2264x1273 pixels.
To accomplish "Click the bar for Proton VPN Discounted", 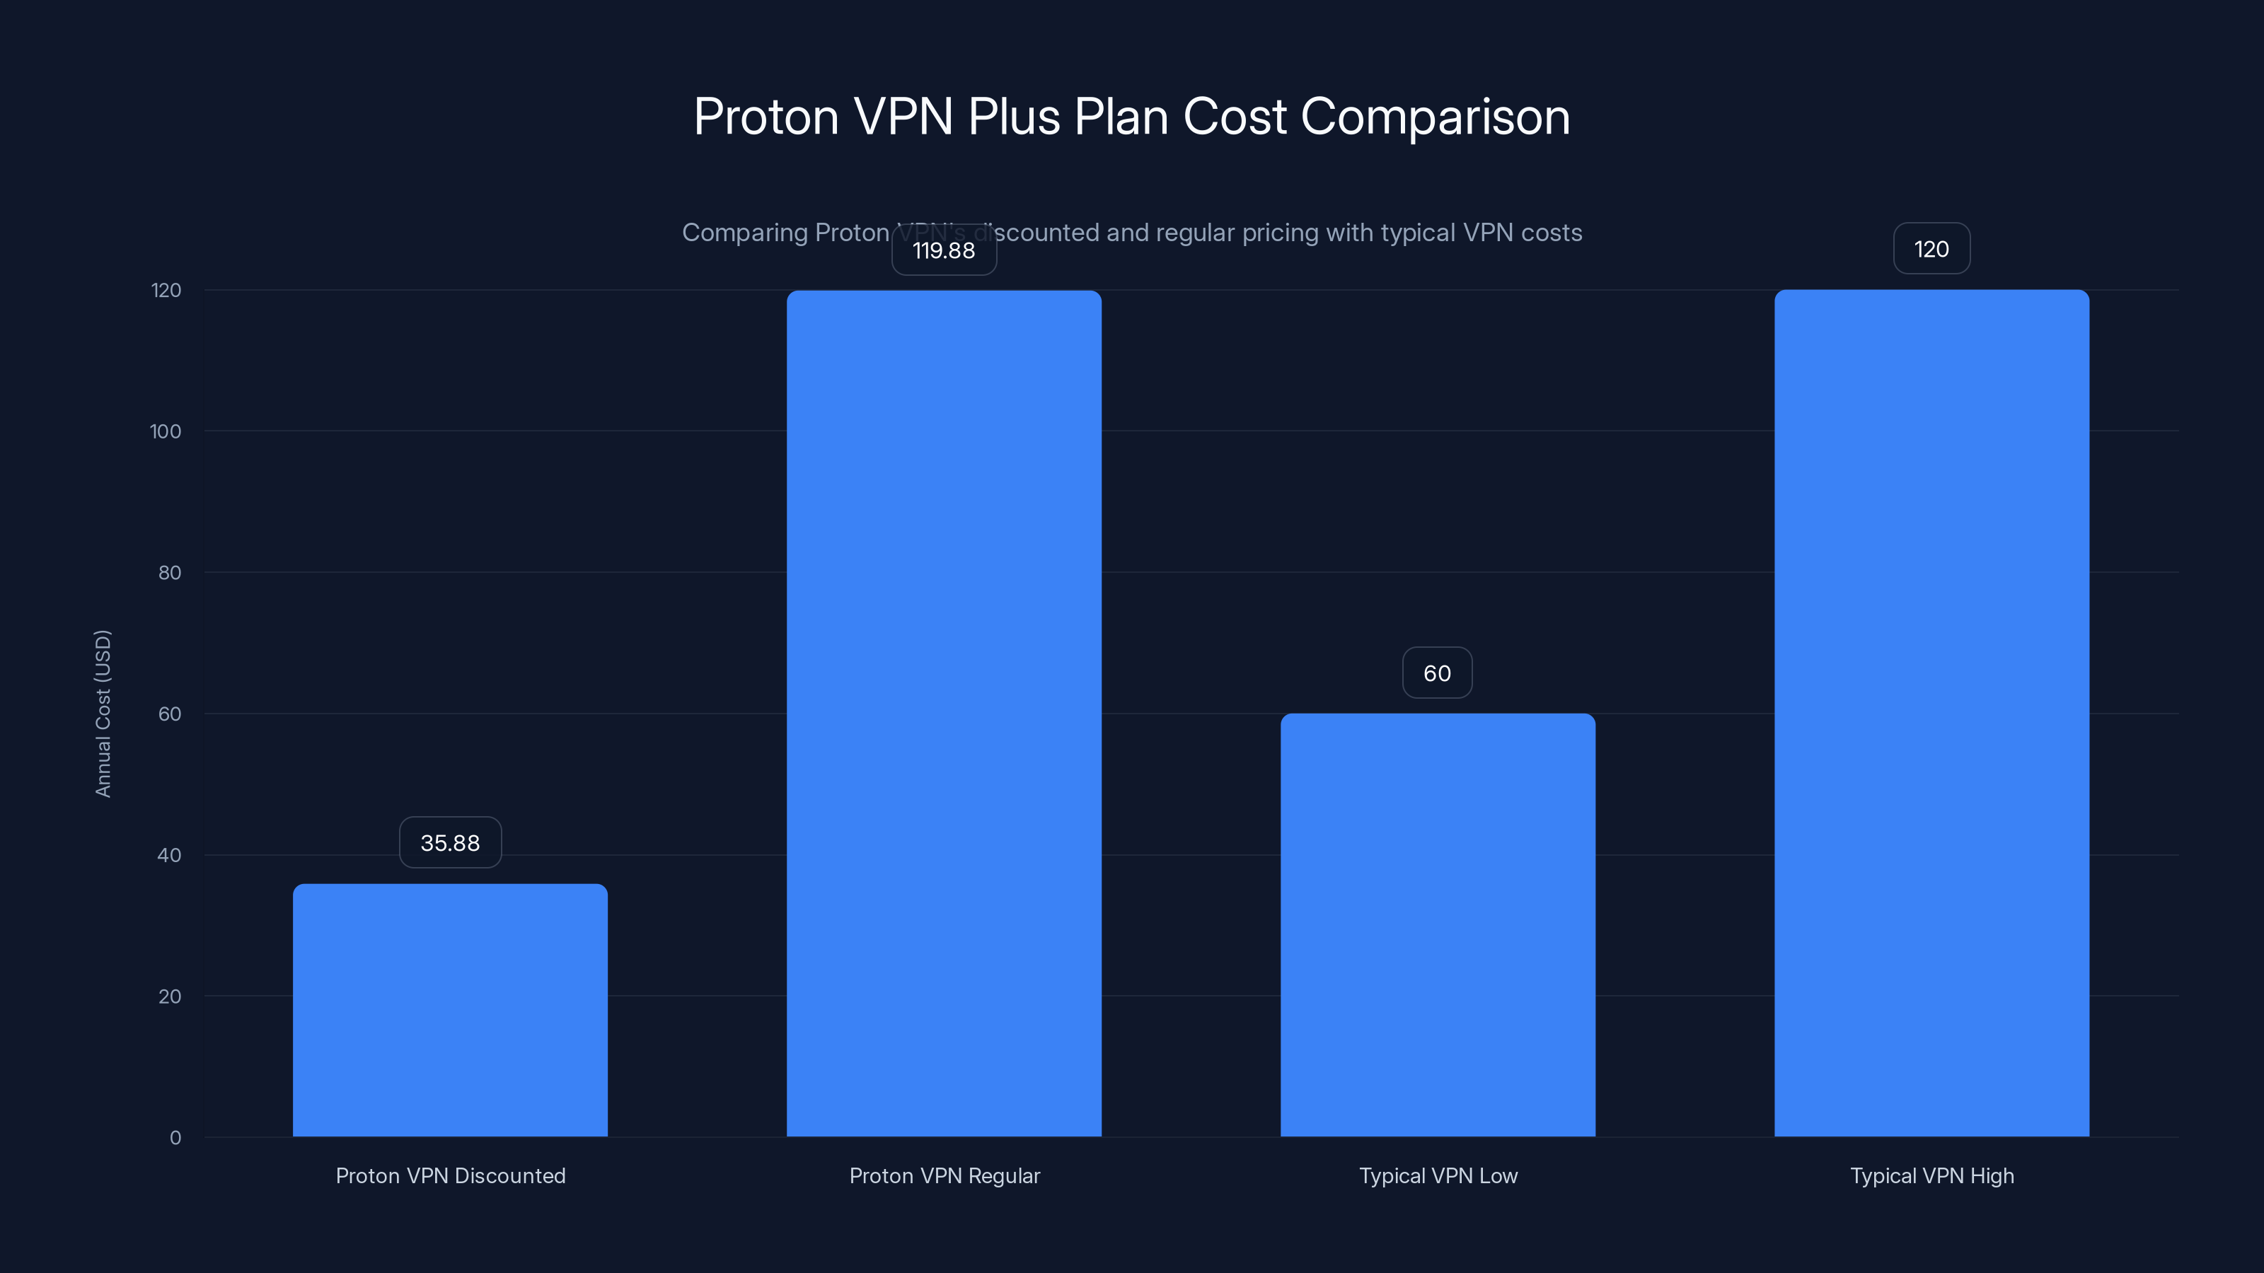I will pos(450,1011).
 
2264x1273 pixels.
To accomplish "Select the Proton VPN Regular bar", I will pos(944,714).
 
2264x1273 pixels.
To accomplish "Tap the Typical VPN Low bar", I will pos(1438,925).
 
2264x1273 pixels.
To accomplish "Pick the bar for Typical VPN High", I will pos(1931,714).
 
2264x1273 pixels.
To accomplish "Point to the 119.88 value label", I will pos(944,250).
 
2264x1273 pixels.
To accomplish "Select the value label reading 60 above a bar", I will pos(1437,674).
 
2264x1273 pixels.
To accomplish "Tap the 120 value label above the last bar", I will pos(1931,250).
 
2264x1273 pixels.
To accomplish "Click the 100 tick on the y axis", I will pos(166,431).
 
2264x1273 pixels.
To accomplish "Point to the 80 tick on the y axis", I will pos(170,573).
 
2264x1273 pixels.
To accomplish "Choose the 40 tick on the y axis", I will pos(169,856).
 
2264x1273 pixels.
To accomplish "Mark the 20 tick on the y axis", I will pos(170,996).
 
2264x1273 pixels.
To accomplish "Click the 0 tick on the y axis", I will pos(175,1139).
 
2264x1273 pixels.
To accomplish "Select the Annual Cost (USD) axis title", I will pos(103,714).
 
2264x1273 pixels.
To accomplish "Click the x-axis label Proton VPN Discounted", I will pos(450,1175).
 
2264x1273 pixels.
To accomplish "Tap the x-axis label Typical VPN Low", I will pos(1438,1175).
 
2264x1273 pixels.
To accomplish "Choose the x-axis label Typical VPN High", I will pos(1931,1175).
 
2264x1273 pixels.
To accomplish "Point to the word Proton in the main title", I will pos(766,117).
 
